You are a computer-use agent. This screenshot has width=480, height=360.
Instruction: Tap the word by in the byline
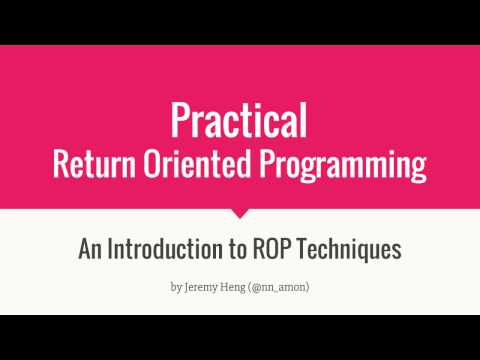tap(176, 288)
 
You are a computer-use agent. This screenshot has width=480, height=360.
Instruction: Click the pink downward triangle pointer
tap(239, 213)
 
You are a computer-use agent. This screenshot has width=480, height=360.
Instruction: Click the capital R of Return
tap(63, 163)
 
